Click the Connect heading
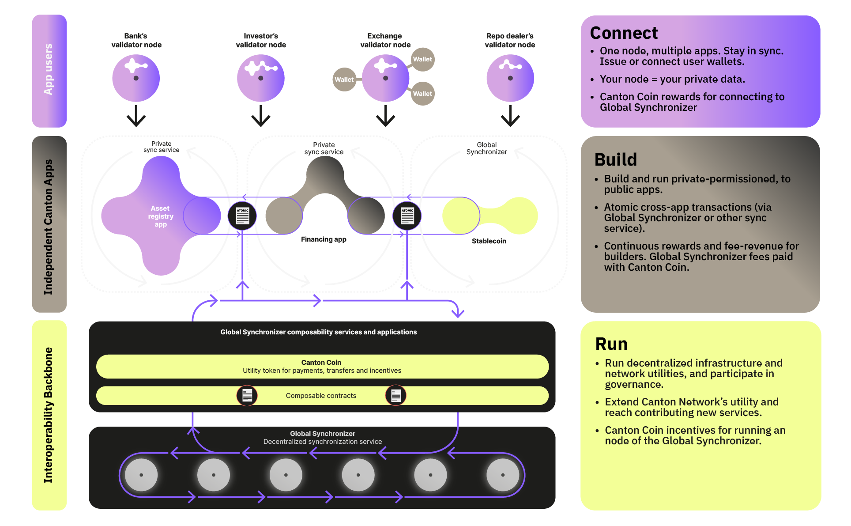click(623, 33)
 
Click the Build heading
click(615, 159)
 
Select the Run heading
click(611, 344)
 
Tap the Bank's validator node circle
click(136, 78)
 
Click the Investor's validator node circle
click(260, 78)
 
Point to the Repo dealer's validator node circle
click(510, 78)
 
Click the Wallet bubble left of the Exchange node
click(344, 79)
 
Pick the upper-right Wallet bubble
click(422, 59)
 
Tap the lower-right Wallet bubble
click(422, 94)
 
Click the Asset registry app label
click(161, 216)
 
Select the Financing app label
click(324, 239)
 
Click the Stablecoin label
click(489, 241)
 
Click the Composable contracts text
click(321, 396)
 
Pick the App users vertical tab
click(49, 71)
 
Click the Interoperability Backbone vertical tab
click(49, 415)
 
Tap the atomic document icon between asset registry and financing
click(242, 216)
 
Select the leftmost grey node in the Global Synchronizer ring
click(141, 475)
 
